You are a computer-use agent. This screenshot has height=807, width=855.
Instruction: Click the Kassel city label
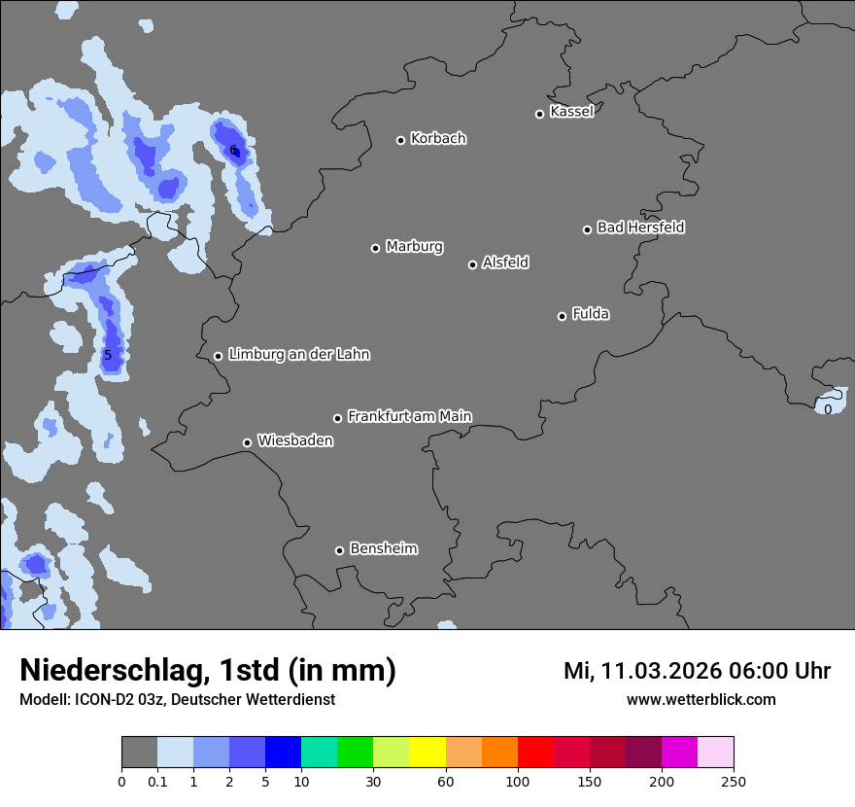pyautogui.click(x=571, y=112)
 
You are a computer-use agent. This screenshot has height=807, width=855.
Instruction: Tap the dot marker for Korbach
pyautogui.click(x=400, y=140)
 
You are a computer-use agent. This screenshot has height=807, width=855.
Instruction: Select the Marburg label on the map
pyautogui.click(x=414, y=247)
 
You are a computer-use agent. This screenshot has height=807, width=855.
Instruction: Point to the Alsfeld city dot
pyautogui.click(x=472, y=264)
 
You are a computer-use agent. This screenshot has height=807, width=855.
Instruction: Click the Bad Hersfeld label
pyautogui.click(x=640, y=228)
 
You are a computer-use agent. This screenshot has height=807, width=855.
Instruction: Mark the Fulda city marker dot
pyautogui.click(x=562, y=316)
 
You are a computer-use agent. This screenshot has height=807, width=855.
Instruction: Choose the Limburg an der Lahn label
pyautogui.click(x=298, y=355)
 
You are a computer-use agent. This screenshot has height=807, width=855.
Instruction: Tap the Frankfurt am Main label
pyautogui.click(x=409, y=416)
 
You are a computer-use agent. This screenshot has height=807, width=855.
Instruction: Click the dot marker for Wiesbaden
pyautogui.click(x=247, y=442)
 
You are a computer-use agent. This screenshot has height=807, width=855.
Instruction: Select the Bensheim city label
pyautogui.click(x=383, y=548)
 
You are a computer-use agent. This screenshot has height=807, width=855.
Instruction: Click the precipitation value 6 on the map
pyautogui.click(x=233, y=150)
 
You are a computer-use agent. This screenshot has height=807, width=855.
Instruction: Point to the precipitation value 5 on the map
pyautogui.click(x=108, y=355)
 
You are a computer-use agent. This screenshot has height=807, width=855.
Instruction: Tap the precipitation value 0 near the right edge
pyautogui.click(x=828, y=409)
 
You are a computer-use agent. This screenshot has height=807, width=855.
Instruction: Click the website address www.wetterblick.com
pyautogui.click(x=701, y=700)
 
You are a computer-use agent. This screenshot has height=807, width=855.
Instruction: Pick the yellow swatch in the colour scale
pyautogui.click(x=427, y=753)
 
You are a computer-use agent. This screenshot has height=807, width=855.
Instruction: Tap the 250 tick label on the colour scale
pyautogui.click(x=734, y=781)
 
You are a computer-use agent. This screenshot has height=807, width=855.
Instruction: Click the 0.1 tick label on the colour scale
pyautogui.click(x=157, y=781)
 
